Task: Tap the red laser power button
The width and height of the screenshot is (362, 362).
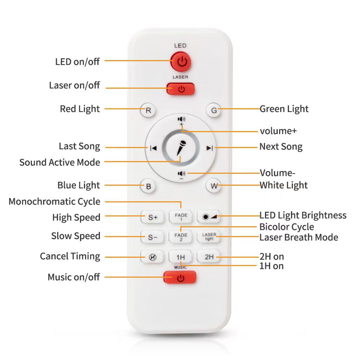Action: [181, 89]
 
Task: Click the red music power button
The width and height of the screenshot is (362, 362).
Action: [180, 277]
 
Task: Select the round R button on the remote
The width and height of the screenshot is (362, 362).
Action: [148, 110]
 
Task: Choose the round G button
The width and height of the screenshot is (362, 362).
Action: [214, 110]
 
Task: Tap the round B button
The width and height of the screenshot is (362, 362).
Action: [148, 186]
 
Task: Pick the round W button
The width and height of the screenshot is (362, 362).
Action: [213, 186]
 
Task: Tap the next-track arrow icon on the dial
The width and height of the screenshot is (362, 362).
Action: [210, 148]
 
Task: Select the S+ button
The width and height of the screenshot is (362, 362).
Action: [152, 217]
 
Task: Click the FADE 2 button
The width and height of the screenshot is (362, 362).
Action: [181, 237]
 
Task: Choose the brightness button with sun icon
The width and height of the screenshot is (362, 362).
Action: [209, 217]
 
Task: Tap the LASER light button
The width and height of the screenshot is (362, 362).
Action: [209, 236]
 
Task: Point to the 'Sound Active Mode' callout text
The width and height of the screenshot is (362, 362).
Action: [60, 162]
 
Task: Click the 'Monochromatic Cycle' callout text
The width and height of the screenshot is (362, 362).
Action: [55, 202]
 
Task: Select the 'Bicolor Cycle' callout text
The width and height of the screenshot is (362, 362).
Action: [287, 227]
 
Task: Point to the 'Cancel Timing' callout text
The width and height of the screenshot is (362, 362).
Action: [70, 256]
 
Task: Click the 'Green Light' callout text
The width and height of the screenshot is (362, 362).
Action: [284, 109]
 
